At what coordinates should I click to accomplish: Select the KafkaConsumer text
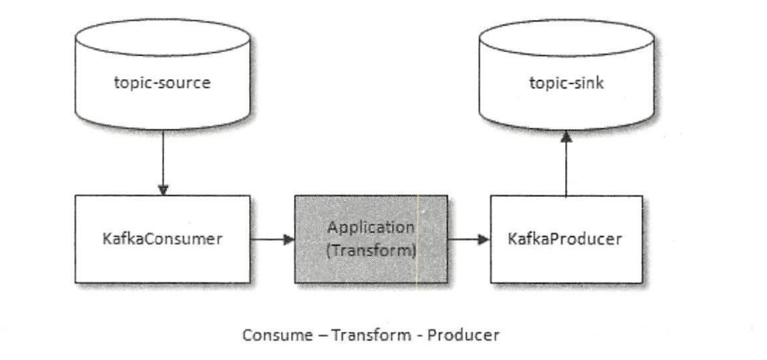click(x=162, y=239)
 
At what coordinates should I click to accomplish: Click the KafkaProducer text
click(x=566, y=239)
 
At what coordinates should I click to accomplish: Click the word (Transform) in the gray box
click(x=370, y=251)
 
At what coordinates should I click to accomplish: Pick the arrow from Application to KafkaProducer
click(x=468, y=240)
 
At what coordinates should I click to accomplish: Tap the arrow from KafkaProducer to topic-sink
click(x=567, y=163)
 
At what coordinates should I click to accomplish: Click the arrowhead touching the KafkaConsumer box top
click(x=162, y=189)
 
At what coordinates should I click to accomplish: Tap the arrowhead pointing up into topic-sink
click(x=567, y=137)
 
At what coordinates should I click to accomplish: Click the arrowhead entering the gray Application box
click(x=288, y=240)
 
